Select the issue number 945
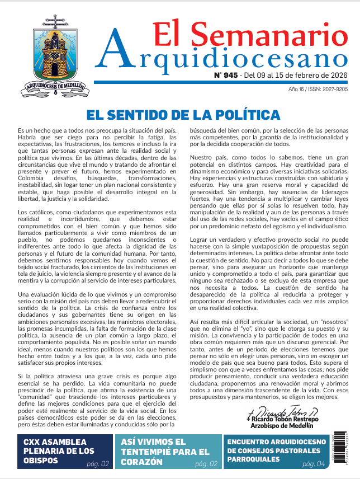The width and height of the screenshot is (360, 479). pyautogui.click(x=229, y=75)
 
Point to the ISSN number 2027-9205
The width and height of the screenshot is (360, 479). pyautogui.click(x=333, y=89)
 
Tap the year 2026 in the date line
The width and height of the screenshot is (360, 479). pyautogui.click(x=338, y=75)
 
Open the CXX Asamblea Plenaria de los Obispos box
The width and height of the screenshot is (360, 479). pyautogui.click(x=58, y=451)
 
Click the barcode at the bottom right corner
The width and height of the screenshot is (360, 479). pyautogui.click(x=350, y=451)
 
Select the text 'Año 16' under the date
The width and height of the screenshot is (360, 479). pyautogui.click(x=296, y=89)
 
